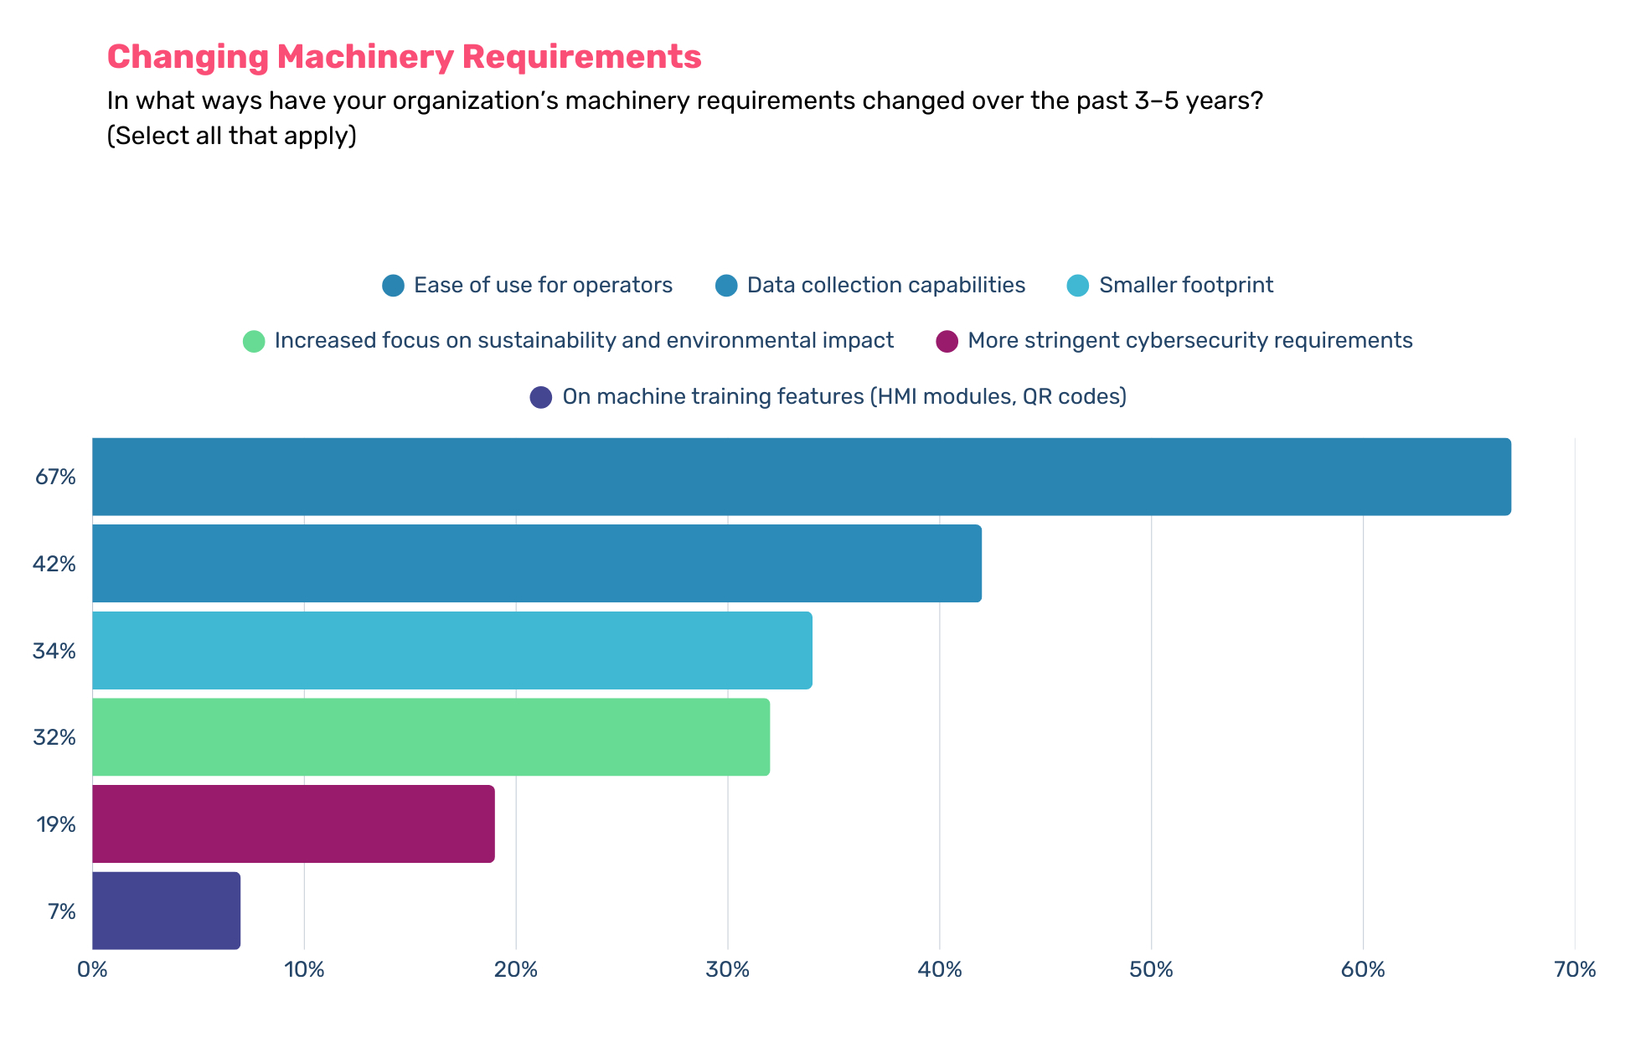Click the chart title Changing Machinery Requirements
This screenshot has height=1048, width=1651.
[x=404, y=57]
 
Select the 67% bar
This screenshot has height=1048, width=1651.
[x=801, y=477]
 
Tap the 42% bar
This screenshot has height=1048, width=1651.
[x=536, y=564]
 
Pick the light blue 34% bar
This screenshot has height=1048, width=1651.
[x=451, y=651]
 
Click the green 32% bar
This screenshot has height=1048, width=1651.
[x=431, y=737]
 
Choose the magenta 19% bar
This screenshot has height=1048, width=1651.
[x=293, y=824]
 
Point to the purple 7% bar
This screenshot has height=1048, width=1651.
[x=166, y=911]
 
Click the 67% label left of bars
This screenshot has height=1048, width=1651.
[x=55, y=478]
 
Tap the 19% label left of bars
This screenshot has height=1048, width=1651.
[x=55, y=825]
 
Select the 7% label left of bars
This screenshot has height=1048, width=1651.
[x=61, y=911]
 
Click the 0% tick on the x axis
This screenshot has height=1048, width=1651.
[x=92, y=970]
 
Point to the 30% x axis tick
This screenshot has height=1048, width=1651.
[x=727, y=970]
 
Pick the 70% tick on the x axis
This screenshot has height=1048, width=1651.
[x=1574, y=970]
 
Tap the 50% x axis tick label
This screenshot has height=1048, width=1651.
[x=1151, y=970]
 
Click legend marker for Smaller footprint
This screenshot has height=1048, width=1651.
[x=1078, y=286]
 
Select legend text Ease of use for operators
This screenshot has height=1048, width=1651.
[x=543, y=286]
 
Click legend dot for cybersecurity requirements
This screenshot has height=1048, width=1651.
[x=947, y=342]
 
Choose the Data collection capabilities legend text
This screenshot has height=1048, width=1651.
[x=885, y=286]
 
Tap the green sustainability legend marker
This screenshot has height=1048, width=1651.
[x=254, y=342]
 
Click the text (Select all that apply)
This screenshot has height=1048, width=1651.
[x=231, y=136]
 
